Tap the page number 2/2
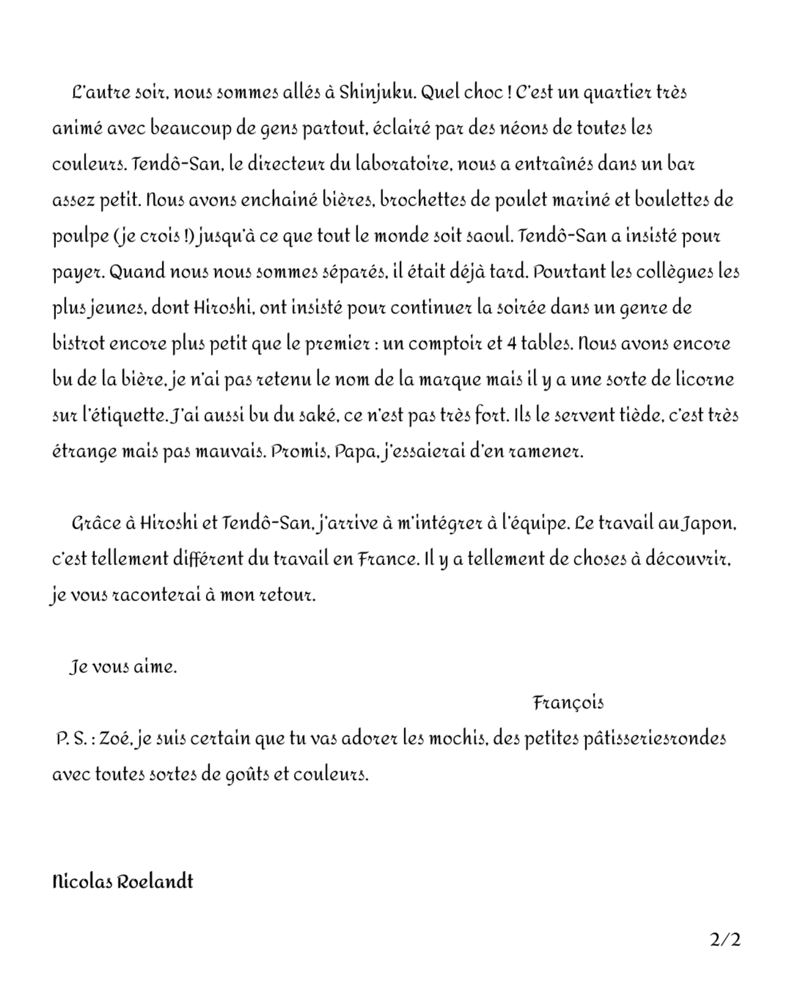(x=725, y=940)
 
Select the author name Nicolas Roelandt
(x=123, y=881)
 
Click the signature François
(x=568, y=703)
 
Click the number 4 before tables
(x=511, y=344)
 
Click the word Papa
(x=355, y=451)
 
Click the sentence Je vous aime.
(x=123, y=668)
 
